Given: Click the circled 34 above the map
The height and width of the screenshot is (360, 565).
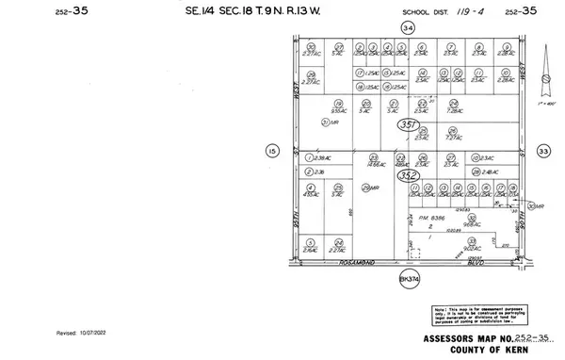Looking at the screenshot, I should [408, 28].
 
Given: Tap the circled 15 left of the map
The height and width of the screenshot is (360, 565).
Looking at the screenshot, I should [273, 150].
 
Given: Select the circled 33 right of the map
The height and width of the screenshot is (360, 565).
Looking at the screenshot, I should [542, 150].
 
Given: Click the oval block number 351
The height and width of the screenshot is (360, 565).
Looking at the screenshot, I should [407, 123].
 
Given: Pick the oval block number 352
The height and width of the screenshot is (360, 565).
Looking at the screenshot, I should [407, 175].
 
